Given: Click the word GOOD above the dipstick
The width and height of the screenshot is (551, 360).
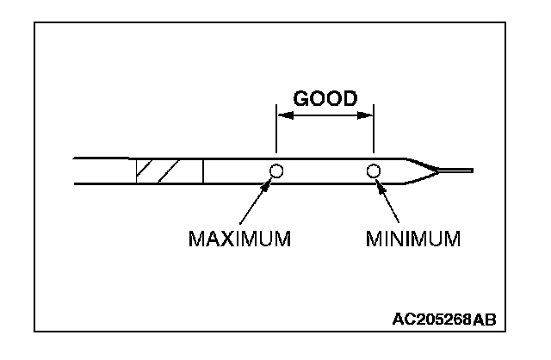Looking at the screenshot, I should [325, 98].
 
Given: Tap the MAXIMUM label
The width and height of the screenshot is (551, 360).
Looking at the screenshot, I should [239, 237].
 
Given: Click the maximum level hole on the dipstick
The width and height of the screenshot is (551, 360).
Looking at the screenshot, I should [276, 171].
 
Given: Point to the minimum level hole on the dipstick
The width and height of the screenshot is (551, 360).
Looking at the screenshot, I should [374, 171].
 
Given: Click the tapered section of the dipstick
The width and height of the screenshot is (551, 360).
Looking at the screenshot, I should [422, 171].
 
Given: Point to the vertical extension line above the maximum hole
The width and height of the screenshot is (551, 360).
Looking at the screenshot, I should [275, 133].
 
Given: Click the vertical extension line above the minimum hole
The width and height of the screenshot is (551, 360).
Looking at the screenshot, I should [374, 133].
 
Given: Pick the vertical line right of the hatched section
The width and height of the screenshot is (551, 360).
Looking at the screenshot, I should [203, 171].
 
